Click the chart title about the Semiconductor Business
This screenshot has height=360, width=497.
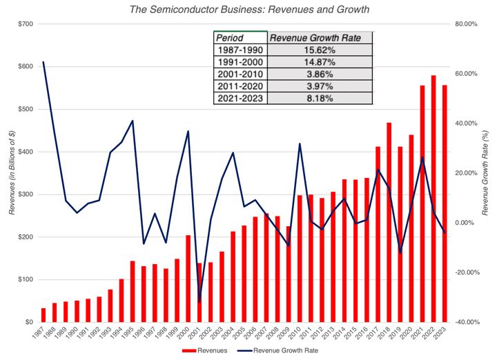(x=248, y=10)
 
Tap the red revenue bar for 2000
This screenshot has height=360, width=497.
(x=188, y=279)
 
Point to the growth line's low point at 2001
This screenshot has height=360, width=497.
(x=199, y=301)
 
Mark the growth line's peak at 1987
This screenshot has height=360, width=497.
(x=43, y=62)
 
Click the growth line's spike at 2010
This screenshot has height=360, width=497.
(x=300, y=143)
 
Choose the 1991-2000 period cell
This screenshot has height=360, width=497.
(x=240, y=61)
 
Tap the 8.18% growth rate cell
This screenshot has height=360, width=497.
(x=320, y=98)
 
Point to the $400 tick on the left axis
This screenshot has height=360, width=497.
(x=24, y=152)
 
